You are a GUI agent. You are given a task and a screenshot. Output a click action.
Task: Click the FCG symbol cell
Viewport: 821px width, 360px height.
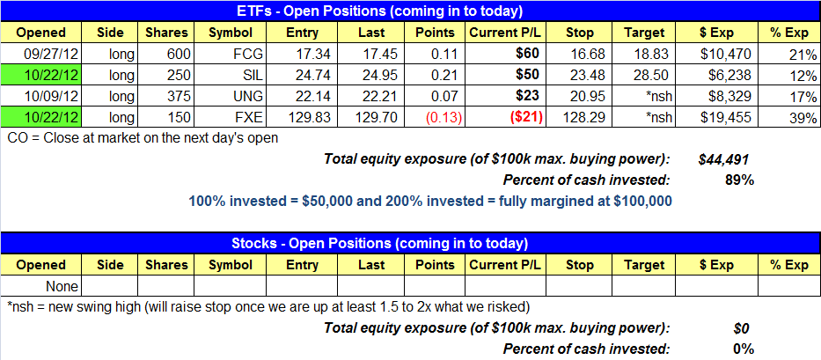click(231, 54)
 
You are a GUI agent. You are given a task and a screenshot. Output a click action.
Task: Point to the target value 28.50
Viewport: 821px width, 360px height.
click(650, 76)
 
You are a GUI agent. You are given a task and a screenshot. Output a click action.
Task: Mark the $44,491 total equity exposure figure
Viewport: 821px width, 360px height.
click(722, 160)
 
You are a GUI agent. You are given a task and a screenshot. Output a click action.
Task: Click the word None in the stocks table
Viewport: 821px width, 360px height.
click(62, 287)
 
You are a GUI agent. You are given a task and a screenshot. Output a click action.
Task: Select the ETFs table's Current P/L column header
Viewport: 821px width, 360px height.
click(505, 33)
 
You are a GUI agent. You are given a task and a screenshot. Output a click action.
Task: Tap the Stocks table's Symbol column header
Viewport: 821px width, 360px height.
click(231, 265)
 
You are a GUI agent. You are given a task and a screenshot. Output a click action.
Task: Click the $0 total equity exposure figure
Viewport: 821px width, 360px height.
click(742, 329)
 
